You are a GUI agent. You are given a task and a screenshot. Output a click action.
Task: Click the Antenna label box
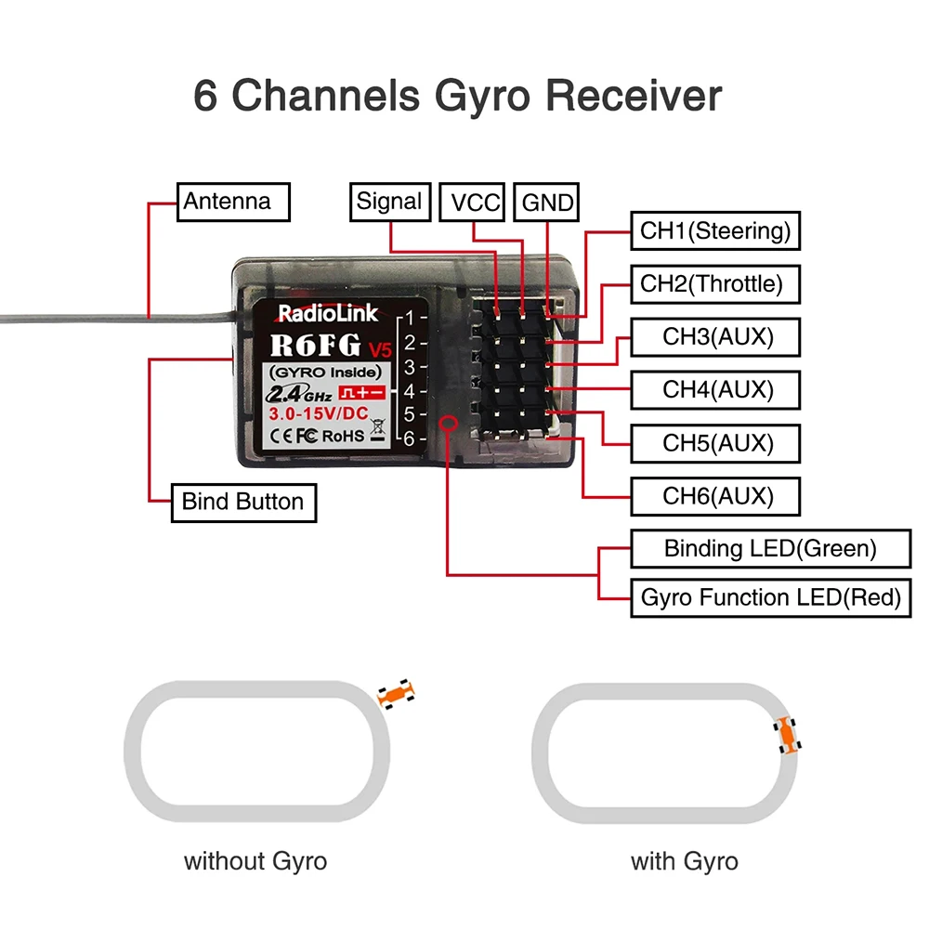[x=233, y=202]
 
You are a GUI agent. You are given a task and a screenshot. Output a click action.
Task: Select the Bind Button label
[x=242, y=503]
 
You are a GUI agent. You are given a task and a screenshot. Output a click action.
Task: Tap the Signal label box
[x=389, y=202]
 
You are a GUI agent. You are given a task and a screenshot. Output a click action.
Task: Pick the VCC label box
[x=475, y=203]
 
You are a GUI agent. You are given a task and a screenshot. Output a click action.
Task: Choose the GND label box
[x=547, y=203]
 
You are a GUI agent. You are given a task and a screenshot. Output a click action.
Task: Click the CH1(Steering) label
[x=715, y=230]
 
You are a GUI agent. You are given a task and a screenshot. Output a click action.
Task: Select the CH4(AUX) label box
[x=715, y=388]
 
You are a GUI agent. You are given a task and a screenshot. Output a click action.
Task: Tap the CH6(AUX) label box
[x=715, y=496]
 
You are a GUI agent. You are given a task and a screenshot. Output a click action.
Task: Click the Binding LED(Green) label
[x=769, y=548]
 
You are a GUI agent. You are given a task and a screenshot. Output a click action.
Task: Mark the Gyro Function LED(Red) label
[x=769, y=597]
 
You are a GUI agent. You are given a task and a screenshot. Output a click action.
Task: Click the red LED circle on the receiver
[x=448, y=424]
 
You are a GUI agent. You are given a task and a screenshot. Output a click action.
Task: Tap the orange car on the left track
[x=396, y=694]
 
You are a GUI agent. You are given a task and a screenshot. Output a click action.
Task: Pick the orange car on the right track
[x=788, y=735]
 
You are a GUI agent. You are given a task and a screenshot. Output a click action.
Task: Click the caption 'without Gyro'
[x=255, y=861]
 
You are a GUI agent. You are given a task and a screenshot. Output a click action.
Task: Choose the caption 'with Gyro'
[x=685, y=861]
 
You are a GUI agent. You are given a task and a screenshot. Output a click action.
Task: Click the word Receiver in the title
[x=634, y=97]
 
